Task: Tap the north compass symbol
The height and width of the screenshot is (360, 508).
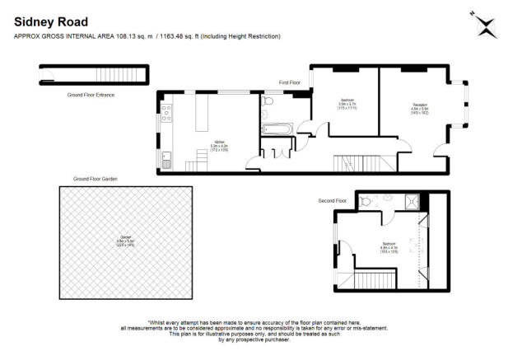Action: click(486, 26)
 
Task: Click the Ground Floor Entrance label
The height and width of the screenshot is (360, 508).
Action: click(91, 96)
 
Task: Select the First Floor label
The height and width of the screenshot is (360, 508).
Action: click(291, 82)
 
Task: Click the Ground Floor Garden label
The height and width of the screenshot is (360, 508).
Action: click(94, 179)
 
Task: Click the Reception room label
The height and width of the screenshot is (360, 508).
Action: click(420, 107)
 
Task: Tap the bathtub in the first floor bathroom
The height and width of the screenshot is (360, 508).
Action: click(276, 129)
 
